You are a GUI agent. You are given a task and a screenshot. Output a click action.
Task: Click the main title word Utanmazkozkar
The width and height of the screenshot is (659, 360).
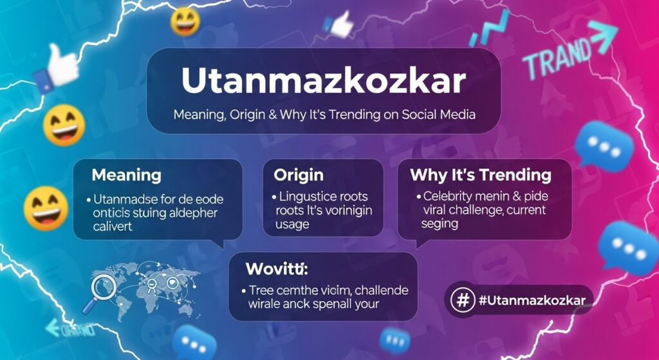[x=323, y=81]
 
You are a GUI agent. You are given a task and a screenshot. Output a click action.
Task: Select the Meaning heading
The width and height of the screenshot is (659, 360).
[x=127, y=175]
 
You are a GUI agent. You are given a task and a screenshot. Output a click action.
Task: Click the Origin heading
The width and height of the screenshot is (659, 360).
[x=299, y=175]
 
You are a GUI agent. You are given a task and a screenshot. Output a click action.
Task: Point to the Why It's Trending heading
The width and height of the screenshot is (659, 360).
[x=480, y=175]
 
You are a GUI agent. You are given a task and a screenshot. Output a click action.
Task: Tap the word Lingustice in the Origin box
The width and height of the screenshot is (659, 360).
[x=308, y=196]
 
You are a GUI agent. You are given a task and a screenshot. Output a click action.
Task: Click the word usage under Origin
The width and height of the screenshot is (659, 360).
[x=292, y=224]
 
